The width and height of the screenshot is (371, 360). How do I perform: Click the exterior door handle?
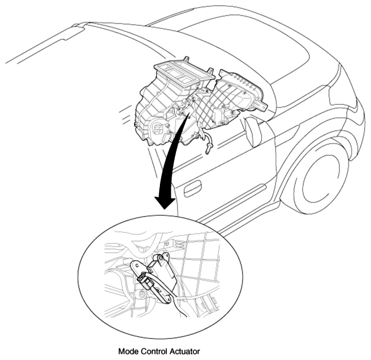193,189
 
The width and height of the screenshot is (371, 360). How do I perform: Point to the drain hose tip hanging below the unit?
208,149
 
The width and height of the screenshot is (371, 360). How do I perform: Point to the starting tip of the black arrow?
189,114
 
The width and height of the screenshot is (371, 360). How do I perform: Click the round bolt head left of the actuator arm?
143,294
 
